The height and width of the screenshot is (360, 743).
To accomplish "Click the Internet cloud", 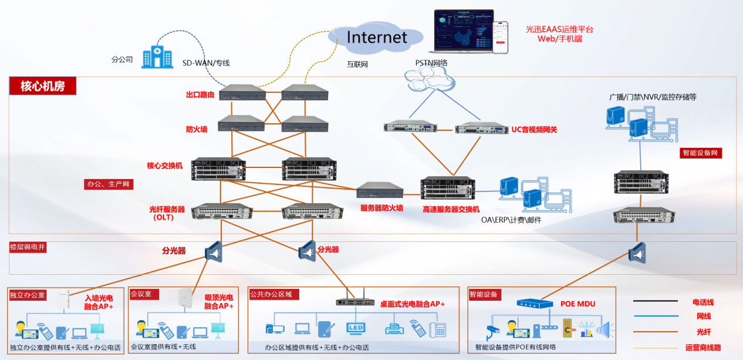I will pos(376,38).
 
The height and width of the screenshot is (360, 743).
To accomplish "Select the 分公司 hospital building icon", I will pos(157,56).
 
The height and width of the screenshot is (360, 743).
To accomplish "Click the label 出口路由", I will pos(200,95).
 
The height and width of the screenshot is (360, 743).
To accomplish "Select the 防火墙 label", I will pos(197,129).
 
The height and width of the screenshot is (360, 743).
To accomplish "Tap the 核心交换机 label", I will pos(165,166).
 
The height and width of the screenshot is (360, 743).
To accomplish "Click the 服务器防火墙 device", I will pos(380,190).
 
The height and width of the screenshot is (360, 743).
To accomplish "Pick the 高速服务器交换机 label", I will pos(451,209).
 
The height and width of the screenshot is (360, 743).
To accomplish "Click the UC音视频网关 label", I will pos(533,130).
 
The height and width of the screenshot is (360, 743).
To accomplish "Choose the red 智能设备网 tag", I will pos(701,153).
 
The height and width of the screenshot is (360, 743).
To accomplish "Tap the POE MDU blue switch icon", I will pos(535,304).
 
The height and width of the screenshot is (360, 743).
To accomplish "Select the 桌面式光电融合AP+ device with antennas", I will pos(354,301).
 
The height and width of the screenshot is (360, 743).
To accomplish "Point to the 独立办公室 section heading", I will pos(28,294).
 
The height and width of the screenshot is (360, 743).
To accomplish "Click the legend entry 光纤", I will pos(703,332).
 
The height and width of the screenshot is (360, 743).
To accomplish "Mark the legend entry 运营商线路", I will pos(703,348).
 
